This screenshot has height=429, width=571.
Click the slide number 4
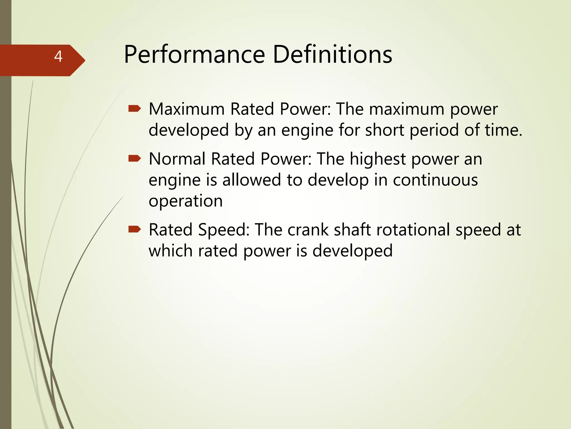pyautogui.click(x=58, y=57)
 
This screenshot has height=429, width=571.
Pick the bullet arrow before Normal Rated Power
pyautogui.click(x=135, y=159)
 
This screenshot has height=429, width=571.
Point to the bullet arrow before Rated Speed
pyautogui.click(x=135, y=230)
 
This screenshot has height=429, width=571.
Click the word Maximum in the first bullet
pyautogui.click(x=187, y=109)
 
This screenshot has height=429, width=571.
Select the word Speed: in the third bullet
pyautogui.click(x=224, y=230)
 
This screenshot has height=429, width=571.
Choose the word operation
pyautogui.click(x=186, y=201)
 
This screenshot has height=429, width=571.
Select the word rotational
pyautogui.click(x=413, y=230)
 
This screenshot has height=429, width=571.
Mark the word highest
pyautogui.click(x=378, y=159)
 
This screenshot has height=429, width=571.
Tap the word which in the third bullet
pyautogui.click(x=170, y=251)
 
